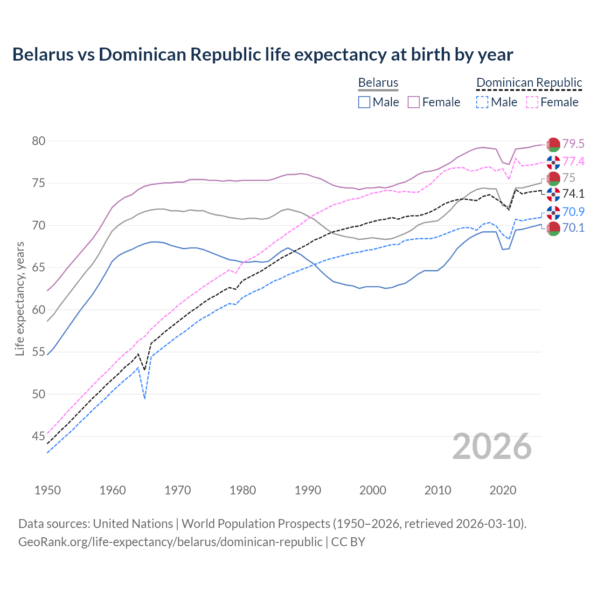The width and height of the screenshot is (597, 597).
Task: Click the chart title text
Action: tap(263, 55)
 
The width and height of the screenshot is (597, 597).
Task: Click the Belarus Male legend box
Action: tap(364, 102)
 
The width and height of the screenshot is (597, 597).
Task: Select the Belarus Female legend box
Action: tap(414, 102)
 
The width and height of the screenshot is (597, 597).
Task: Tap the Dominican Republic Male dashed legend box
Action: tap(482, 102)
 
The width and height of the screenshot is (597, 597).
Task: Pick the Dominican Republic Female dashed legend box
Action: tap(532, 102)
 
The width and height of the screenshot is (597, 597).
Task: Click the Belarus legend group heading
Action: tap(378, 83)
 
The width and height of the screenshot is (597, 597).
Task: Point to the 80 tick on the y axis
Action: tap(38, 141)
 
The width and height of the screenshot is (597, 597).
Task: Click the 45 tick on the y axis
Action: tap(38, 437)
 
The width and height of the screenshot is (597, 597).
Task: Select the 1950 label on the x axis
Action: tap(48, 490)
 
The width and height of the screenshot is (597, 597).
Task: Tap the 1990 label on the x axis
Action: tap(308, 490)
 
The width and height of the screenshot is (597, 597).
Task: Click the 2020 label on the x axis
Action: tap(503, 490)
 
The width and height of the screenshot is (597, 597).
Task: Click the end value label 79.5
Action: tap(573, 144)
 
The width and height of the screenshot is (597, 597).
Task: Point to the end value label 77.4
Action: tap(573, 161)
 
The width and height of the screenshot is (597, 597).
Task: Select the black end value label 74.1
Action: tap(573, 194)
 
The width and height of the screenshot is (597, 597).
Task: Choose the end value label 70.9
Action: tap(573, 212)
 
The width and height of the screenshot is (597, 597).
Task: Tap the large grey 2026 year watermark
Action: tap(492, 447)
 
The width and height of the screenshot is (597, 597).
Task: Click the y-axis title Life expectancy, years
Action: tap(20, 298)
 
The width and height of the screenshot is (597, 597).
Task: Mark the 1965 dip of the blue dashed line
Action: tap(145, 398)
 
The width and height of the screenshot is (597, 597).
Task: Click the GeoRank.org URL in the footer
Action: tap(170, 542)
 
